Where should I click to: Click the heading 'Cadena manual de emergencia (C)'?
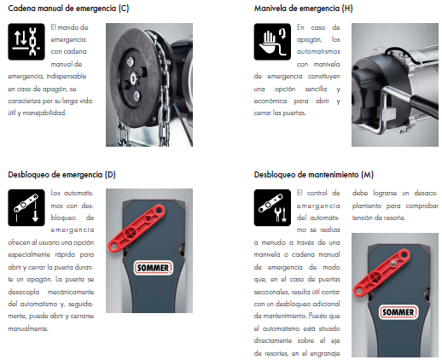68,9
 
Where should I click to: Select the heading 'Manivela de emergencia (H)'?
304,9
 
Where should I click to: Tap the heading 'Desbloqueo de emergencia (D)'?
61,174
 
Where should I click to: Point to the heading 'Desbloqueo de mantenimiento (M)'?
313,174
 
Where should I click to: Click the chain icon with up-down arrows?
26,42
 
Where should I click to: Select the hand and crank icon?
272,42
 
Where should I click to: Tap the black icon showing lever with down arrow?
26,207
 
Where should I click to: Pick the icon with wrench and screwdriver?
272,207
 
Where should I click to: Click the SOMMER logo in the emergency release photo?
153,268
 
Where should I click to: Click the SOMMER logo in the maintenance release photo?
398,312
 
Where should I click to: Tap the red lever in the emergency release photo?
137,229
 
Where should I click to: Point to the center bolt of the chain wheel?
134,78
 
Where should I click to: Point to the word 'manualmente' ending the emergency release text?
28,328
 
